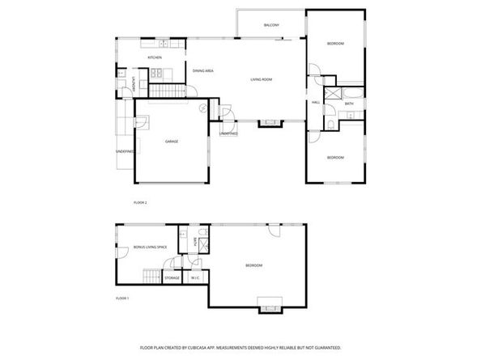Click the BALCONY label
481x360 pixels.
pos(271,26)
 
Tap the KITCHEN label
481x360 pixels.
pos(155,57)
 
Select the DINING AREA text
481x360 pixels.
pos(202,71)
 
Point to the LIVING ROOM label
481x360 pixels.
pos(261,79)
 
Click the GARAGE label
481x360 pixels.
pos(172,142)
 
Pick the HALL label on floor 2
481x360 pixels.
pos(316,102)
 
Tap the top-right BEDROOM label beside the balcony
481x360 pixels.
pos(335,43)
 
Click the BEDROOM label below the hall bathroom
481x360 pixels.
pos(335,157)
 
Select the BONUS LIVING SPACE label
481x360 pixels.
pos(149,246)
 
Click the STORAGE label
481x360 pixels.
pos(172,278)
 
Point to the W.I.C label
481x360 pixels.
pos(194,278)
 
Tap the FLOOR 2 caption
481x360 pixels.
pos(140,202)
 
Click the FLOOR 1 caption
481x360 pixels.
pos(122,299)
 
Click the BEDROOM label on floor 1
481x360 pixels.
pos(253,265)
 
